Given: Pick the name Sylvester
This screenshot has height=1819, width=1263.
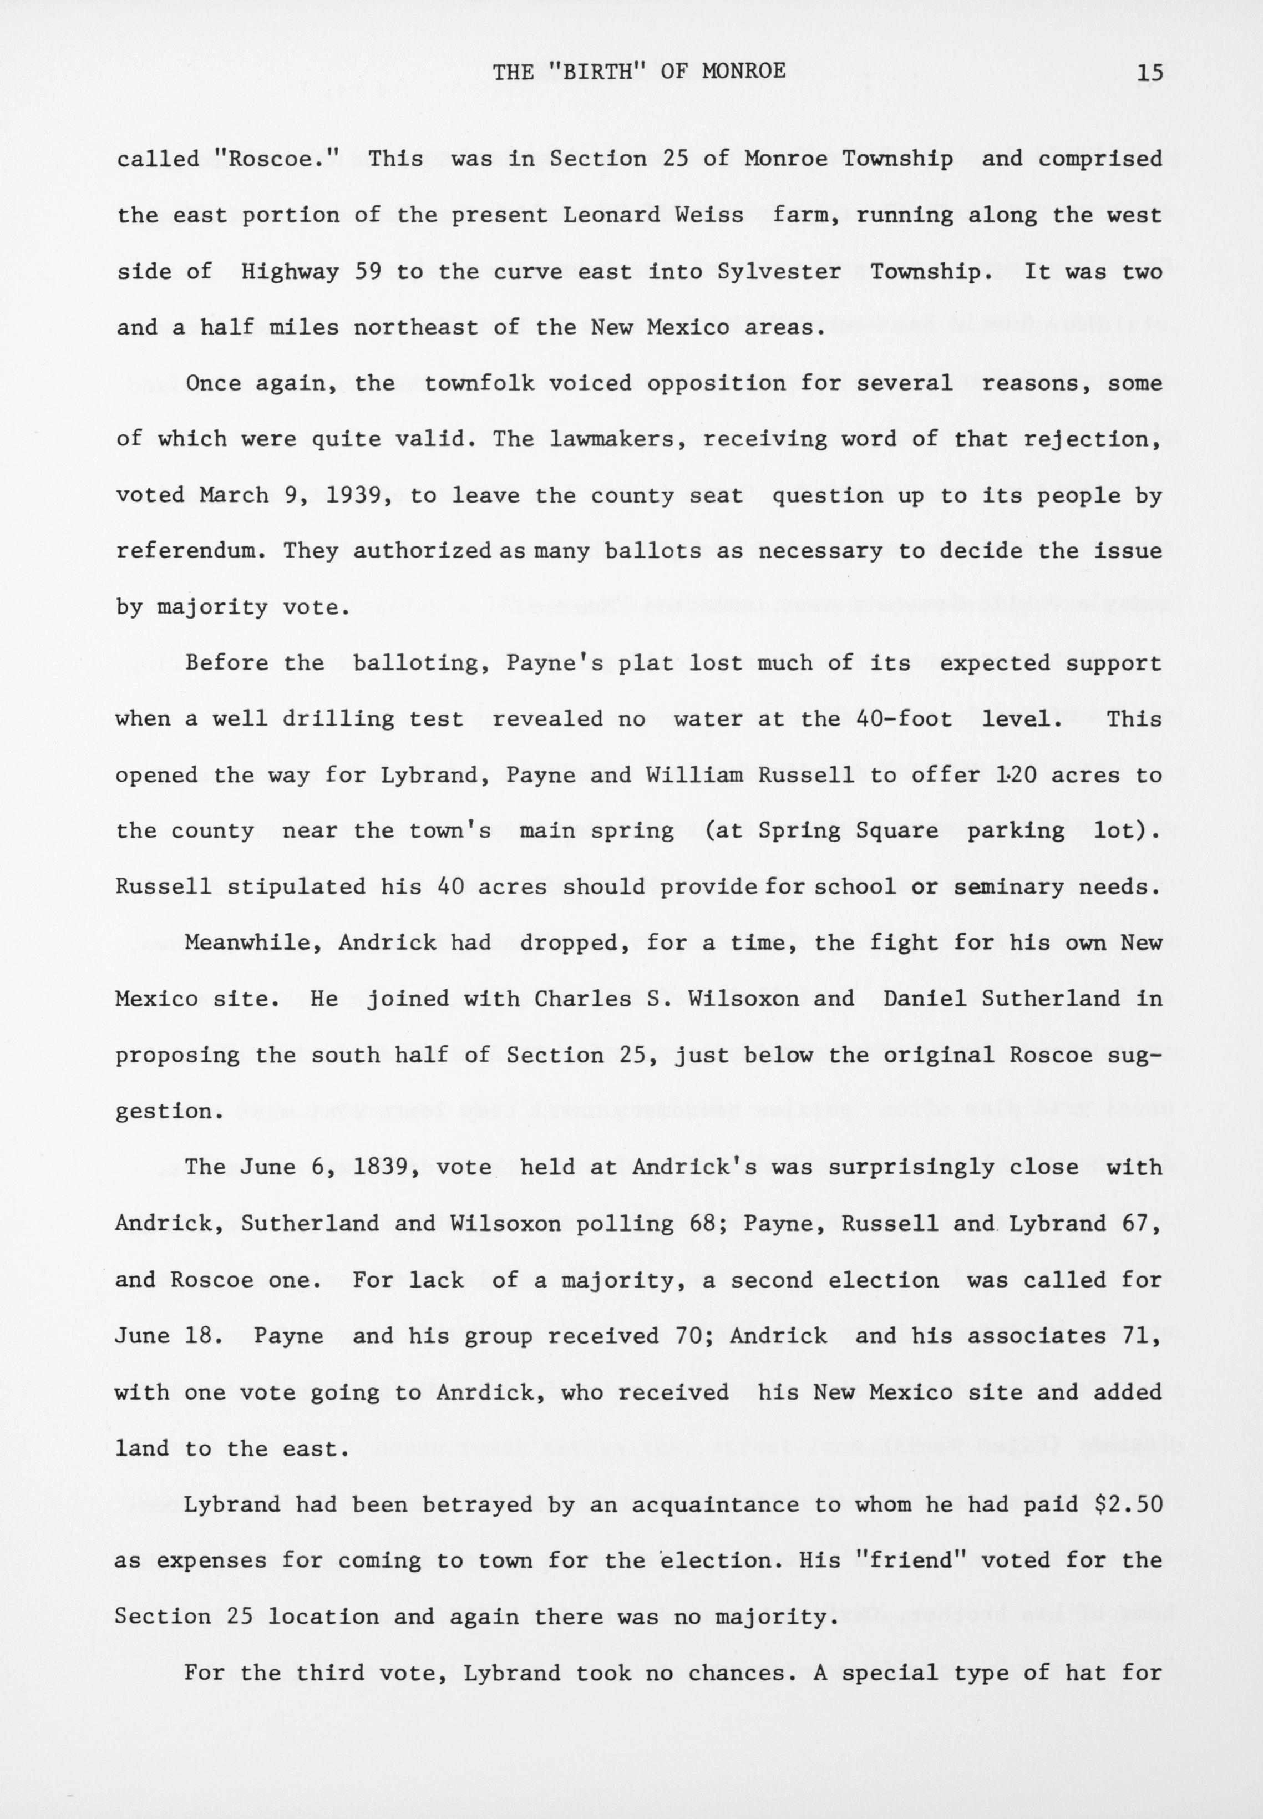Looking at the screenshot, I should click(x=779, y=271).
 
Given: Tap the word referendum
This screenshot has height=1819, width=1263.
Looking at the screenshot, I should click(x=192, y=551).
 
